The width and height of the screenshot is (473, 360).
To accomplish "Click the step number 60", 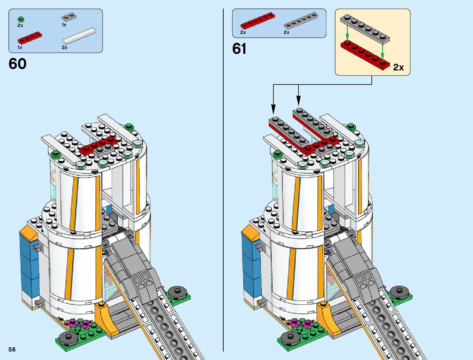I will coord(18,64).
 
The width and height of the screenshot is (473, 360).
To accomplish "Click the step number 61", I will coord(239,49).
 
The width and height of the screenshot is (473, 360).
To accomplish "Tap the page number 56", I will coord(12,349).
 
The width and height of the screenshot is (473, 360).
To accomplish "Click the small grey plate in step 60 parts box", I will coord(69,18).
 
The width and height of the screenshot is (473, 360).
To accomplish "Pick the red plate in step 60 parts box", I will coord(30,38).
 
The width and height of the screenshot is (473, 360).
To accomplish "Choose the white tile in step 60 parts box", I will coord(79,36).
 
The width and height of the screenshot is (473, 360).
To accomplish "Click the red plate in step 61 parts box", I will coord(258,21).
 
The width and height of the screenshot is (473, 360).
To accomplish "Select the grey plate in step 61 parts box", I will coord(301,21).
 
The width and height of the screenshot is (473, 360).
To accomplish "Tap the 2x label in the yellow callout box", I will coord(398,67).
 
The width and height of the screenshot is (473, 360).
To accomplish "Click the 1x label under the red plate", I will coord(20,47).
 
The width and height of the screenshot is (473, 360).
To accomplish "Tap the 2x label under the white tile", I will coord(64,47).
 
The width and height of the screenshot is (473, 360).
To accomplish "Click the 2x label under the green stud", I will coord(20,25).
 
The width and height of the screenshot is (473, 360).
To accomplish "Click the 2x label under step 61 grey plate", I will coord(287,32).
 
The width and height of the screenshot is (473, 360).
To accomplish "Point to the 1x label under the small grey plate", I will coord(64,25).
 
